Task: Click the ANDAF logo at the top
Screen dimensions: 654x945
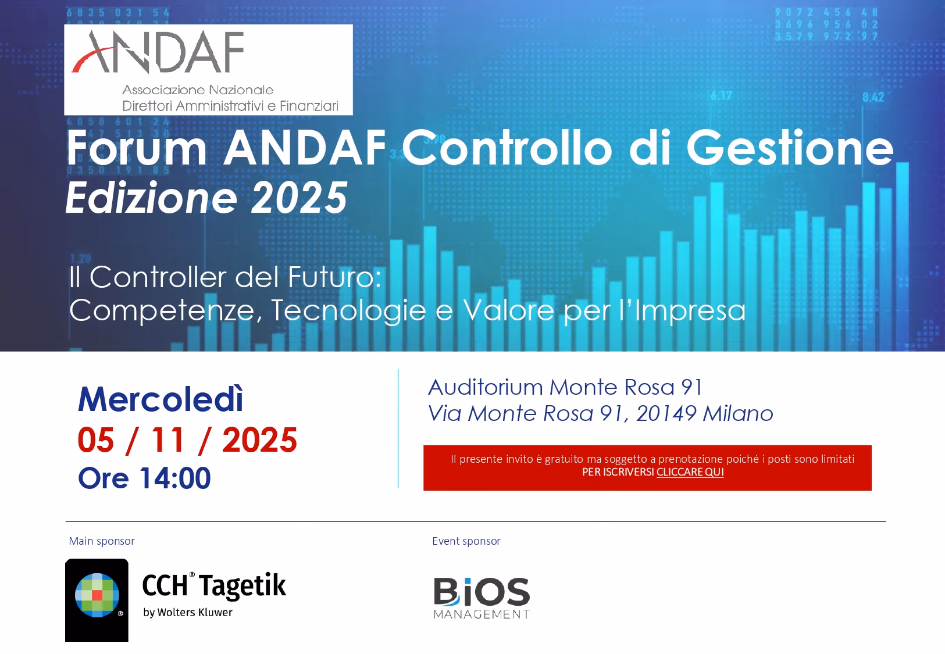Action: [208, 69]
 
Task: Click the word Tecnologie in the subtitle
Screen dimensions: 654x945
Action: [348, 310]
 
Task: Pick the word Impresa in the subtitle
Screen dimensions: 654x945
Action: [690, 310]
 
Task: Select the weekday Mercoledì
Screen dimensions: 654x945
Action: [161, 399]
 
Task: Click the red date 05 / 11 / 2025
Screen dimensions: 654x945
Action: [187, 440]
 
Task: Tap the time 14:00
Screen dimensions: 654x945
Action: [175, 478]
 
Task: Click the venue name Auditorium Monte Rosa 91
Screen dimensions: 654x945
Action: [565, 387]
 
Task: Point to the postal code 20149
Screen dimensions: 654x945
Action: [666, 413]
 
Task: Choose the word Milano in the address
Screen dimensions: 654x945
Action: [738, 413]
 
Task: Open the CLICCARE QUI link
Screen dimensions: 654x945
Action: [690, 472]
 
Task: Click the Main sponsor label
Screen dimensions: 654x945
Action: [102, 541]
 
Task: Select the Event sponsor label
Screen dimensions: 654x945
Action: [466, 541]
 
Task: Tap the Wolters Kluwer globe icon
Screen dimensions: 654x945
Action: [97, 595]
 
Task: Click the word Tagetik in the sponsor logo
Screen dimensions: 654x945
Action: [243, 585]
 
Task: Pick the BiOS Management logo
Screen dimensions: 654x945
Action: [482, 598]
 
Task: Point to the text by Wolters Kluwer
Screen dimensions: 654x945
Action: [187, 613]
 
